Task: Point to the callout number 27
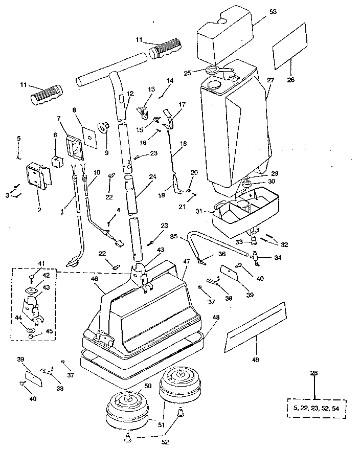[271, 80]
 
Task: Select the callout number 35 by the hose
[174, 237]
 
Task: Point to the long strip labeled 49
[254, 327]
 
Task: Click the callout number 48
[216, 317]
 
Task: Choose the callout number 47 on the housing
[187, 261]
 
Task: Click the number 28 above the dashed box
[314, 373]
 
